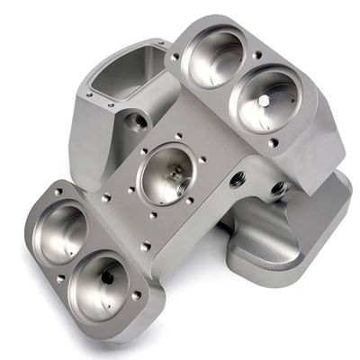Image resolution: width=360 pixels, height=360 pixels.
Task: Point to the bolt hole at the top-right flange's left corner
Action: pyautogui.click(x=175, y=57)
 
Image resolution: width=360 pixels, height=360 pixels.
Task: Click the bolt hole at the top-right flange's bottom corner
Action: pyautogui.click(x=273, y=141)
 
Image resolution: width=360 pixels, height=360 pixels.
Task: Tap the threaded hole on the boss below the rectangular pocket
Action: pyautogui.click(x=137, y=120)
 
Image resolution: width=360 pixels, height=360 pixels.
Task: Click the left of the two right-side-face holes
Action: pyautogui.click(x=237, y=179)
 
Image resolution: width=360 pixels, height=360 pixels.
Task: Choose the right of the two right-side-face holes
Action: pyautogui.click(x=277, y=189)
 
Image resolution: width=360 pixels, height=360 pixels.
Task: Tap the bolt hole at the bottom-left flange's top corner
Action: pyautogui.click(x=58, y=192)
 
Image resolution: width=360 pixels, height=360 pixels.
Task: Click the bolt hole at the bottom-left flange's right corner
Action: pyautogui.click(x=137, y=295)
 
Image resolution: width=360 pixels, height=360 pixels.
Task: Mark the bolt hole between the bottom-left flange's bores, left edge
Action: pyautogui.click(x=60, y=279)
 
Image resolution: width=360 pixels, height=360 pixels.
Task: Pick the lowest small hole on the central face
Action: pyautogui.click(x=144, y=246)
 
